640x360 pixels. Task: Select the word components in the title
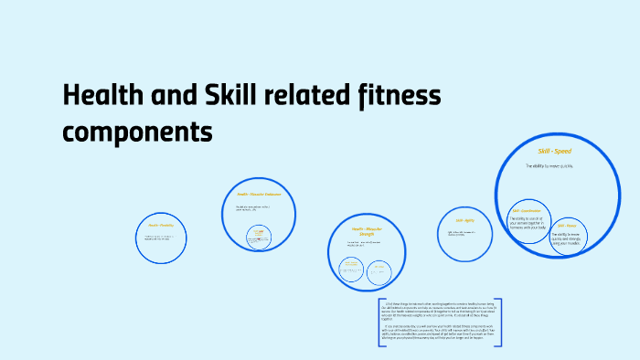tap(137, 132)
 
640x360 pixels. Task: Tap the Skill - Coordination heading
tap(531, 211)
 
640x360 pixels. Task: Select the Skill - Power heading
tap(565, 225)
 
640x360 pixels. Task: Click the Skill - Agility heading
tap(464, 220)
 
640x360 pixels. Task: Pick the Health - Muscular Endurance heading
tap(259, 194)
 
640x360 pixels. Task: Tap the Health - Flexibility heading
tap(160, 225)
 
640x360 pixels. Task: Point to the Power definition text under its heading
tap(565, 238)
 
